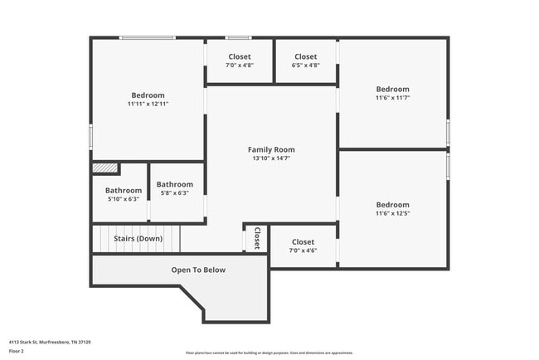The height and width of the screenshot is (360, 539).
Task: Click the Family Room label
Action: (271, 149)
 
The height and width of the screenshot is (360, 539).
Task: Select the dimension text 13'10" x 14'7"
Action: (271, 158)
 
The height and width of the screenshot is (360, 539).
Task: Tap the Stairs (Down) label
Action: (138, 239)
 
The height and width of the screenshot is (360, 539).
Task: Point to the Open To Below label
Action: (198, 270)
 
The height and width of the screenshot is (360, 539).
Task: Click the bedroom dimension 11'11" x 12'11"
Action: (148, 105)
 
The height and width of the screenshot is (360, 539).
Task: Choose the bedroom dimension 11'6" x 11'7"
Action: (392, 98)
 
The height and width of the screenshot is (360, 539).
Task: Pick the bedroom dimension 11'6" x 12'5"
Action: (392, 214)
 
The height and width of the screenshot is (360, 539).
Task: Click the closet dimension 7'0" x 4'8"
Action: (240, 65)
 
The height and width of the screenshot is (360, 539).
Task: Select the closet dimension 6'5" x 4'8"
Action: (306, 65)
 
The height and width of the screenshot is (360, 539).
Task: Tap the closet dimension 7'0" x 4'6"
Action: (303, 251)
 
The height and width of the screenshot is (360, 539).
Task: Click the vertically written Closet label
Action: (256, 238)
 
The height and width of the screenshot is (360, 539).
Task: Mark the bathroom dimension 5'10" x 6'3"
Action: (123, 199)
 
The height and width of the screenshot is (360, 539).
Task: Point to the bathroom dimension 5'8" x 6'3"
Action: (174, 193)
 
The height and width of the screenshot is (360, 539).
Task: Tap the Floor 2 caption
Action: (17, 351)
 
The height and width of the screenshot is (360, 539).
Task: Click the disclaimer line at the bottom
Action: (269, 352)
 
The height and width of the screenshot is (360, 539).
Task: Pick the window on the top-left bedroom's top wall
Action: (147, 37)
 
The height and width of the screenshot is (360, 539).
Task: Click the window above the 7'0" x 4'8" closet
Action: (239, 37)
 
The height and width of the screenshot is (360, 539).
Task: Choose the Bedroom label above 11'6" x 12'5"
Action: (392, 205)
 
